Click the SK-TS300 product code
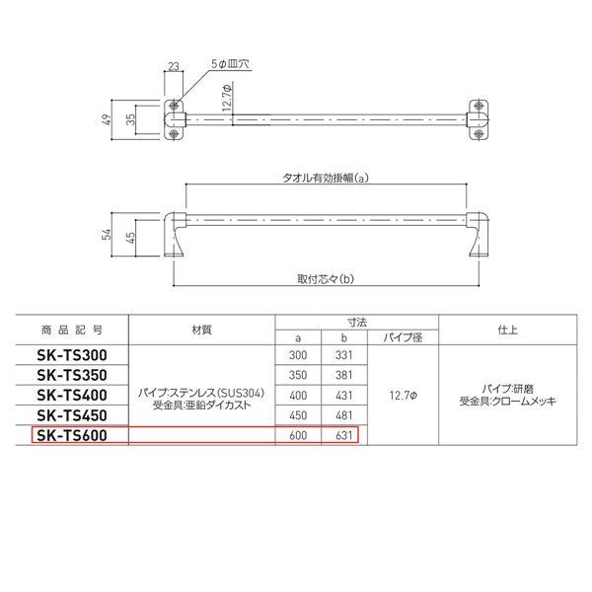click(72, 355)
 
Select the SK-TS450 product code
click(72, 415)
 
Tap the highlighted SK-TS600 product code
click(72, 436)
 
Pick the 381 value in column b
click(343, 375)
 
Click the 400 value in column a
click(298, 396)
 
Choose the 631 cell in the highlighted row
click(343, 436)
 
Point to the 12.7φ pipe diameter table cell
click(403, 396)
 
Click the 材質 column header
click(201, 330)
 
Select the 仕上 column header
click(507, 330)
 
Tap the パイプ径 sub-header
click(403, 337)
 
